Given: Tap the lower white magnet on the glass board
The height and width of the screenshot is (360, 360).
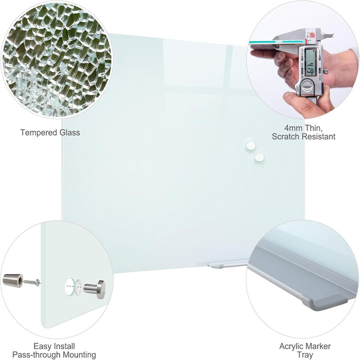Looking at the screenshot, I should coord(259,157).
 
